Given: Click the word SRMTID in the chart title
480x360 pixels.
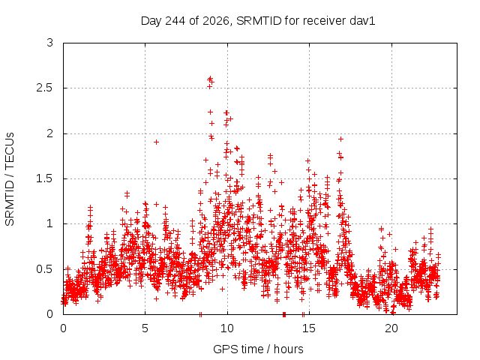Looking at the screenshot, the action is [x=259, y=21].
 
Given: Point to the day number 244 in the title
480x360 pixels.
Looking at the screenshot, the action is [x=175, y=21].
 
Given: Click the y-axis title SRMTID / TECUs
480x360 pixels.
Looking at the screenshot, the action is [x=10, y=179].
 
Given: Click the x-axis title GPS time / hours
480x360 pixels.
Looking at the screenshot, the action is [x=258, y=349].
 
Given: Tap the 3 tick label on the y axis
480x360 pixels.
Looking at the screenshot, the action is [x=50, y=43].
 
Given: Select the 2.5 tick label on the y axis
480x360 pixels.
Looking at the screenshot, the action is [x=45, y=88].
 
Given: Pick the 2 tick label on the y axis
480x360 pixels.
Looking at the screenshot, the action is [x=50, y=133].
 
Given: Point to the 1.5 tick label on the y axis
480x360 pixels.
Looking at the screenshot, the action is [x=45, y=178].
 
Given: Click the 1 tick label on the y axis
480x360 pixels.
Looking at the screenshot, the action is [x=50, y=223].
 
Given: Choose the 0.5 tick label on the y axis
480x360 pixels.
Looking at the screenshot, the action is [x=45, y=269].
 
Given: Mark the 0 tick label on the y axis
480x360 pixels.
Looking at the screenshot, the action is [x=50, y=314].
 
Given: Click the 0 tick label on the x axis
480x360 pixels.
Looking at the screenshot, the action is [x=63, y=328].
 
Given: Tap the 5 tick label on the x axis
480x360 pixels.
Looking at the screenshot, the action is [x=145, y=328].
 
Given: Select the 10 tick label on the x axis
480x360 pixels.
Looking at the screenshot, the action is [x=227, y=328].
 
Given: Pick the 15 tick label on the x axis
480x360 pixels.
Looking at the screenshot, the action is [x=309, y=328].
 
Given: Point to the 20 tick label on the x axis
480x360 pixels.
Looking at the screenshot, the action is [x=391, y=328].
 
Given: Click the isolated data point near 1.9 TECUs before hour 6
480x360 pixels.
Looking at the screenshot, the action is [x=156, y=142].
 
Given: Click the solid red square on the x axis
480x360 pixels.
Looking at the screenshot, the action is [x=284, y=314].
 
